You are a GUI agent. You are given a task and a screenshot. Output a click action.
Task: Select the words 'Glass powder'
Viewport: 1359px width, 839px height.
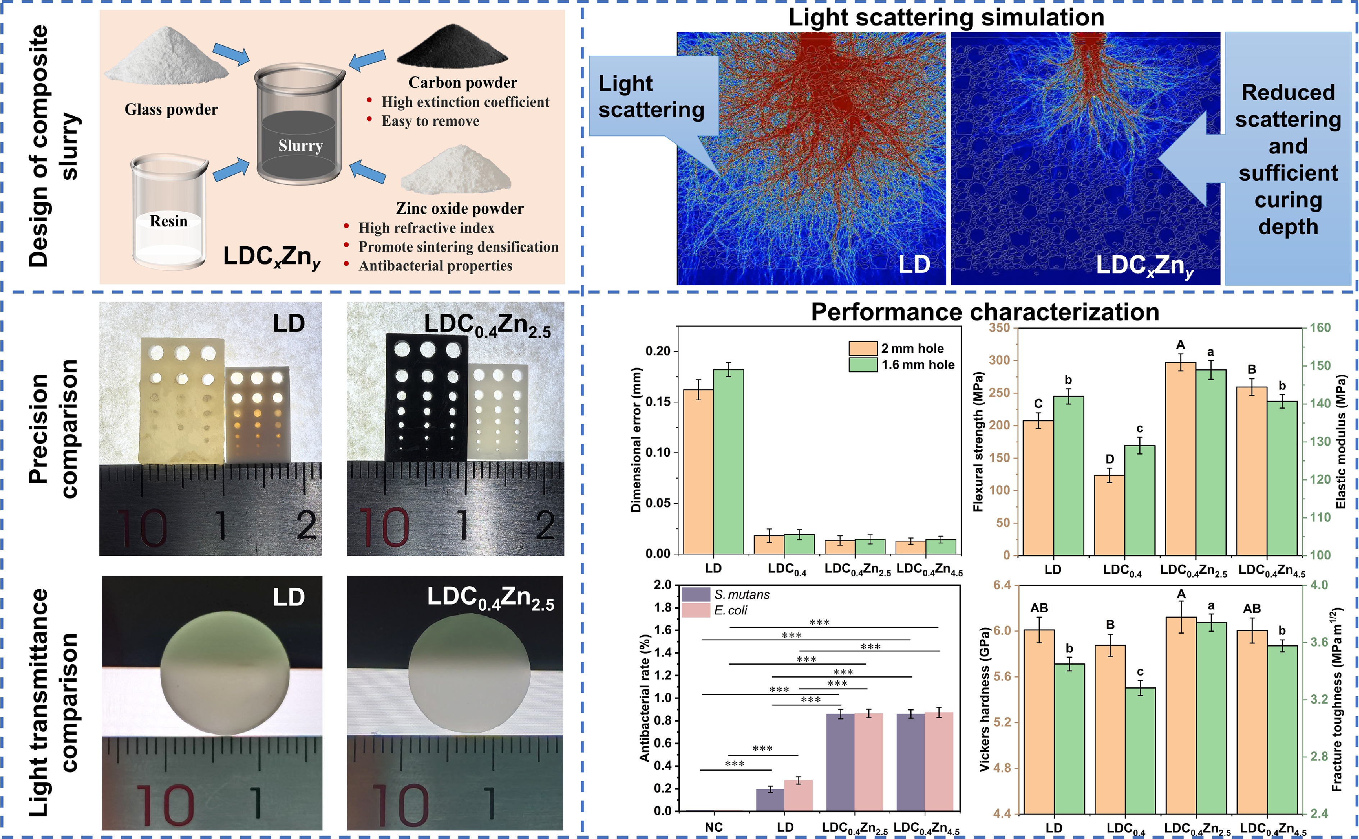pyautogui.click(x=171, y=109)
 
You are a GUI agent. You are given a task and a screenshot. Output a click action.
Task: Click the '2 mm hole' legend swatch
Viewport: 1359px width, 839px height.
pyautogui.click(x=863, y=349)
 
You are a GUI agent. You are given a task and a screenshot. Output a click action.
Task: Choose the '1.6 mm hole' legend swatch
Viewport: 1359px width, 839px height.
pyautogui.click(x=863, y=365)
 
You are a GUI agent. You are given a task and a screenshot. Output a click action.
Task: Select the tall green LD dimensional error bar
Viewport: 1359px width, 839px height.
pyautogui.click(x=728, y=461)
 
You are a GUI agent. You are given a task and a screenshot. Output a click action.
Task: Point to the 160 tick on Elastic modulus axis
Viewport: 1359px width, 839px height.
pyautogui.click(x=1320, y=327)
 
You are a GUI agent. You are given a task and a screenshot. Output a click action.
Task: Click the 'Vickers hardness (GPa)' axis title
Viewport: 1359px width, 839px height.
pyautogui.click(x=984, y=700)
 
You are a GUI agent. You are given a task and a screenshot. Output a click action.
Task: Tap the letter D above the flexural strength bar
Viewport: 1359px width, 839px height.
pyautogui.click(x=1109, y=459)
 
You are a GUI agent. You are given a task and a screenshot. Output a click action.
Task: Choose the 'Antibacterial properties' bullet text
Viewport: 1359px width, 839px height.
pyautogui.click(x=435, y=266)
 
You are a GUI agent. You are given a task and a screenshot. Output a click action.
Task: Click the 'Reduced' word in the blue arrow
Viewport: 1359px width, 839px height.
pyautogui.click(x=1288, y=92)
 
